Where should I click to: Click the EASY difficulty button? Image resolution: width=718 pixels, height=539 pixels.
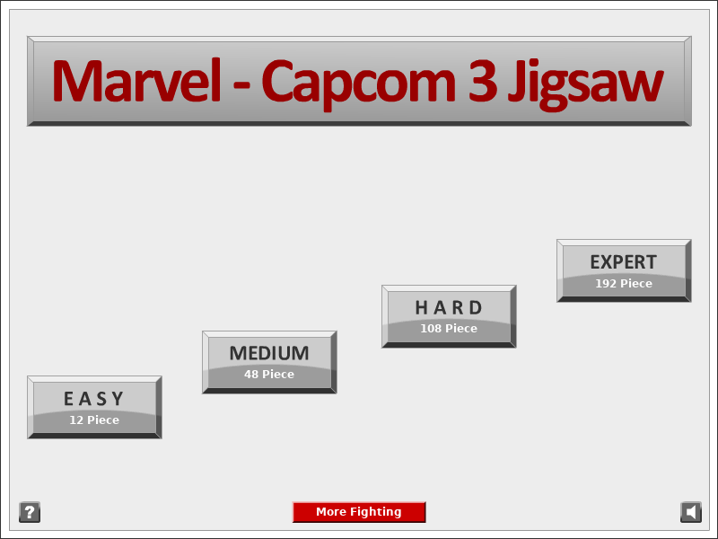(x=94, y=408)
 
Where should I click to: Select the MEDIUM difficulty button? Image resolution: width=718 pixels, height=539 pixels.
(x=269, y=362)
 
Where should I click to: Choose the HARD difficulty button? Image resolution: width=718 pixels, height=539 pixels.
(x=449, y=316)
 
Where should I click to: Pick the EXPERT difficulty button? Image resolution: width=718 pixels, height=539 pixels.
(x=624, y=270)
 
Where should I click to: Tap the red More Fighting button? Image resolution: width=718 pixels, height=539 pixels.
(x=359, y=512)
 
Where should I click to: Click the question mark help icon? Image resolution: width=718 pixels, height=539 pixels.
(x=30, y=512)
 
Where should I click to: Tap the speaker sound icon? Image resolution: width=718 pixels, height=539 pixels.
(x=691, y=512)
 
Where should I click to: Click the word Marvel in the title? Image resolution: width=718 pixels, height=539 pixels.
(x=137, y=80)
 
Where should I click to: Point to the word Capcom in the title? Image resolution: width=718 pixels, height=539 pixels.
(x=358, y=84)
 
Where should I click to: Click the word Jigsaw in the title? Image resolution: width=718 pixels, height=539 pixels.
(x=586, y=84)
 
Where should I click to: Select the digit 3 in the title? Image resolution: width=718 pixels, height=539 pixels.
(x=483, y=81)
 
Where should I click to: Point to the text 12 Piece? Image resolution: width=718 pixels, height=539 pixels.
(x=94, y=420)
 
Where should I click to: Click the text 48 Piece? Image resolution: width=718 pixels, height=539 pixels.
(x=269, y=374)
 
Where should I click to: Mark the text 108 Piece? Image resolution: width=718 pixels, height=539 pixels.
(x=449, y=328)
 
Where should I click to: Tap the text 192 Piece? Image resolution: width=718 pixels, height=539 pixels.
(x=624, y=283)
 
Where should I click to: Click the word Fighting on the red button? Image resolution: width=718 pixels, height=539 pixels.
(x=375, y=512)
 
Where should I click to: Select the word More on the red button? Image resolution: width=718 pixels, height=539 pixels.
(x=329, y=511)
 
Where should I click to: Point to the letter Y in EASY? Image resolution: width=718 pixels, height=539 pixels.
(x=118, y=399)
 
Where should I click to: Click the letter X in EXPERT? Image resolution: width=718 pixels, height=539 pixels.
(x=609, y=262)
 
